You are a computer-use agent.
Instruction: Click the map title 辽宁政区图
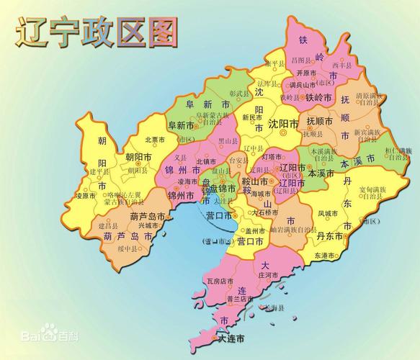click(x=97, y=33)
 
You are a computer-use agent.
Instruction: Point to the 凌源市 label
click(x=86, y=195)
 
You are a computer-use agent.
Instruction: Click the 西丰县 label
click(x=343, y=66)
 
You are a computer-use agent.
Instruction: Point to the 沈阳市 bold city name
click(x=283, y=125)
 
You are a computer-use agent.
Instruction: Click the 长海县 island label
click(x=274, y=307)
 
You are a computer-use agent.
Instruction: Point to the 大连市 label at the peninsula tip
click(x=231, y=338)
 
